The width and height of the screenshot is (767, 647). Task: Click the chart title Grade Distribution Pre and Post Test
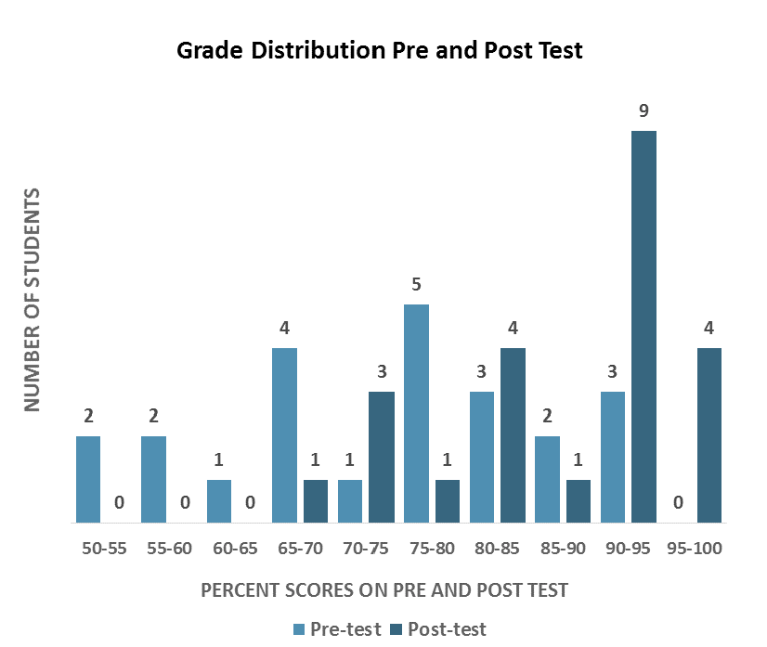pos(380,49)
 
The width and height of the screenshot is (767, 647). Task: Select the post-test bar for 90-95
pos(643,327)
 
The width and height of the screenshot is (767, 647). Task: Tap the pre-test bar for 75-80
pos(416,413)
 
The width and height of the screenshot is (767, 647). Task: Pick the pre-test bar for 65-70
pos(285,435)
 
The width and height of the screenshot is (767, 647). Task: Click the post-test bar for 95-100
pos(709,435)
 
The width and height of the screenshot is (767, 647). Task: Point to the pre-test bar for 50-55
pos(88,479)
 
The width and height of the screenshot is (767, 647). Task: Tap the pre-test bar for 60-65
pos(219,501)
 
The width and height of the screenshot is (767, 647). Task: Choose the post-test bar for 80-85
pos(513,435)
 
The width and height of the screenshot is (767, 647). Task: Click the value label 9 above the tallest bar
pos(643,111)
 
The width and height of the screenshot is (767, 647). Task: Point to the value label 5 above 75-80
pos(416,285)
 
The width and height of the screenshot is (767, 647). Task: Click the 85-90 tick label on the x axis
pos(565,549)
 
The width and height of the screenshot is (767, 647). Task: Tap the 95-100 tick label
pos(695,549)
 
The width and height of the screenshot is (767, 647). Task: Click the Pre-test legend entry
pos(337,628)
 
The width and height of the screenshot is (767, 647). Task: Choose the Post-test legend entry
pos(438,628)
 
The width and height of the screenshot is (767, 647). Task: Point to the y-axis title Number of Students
pos(33,300)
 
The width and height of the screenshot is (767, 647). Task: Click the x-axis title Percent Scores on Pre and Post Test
pos(384,589)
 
